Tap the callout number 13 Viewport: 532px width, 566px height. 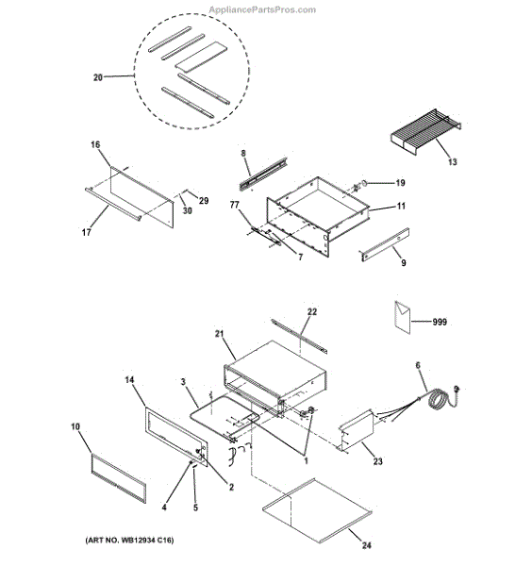click(x=452, y=162)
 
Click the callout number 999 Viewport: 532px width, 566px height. click(x=440, y=322)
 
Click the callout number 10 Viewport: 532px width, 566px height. click(x=76, y=426)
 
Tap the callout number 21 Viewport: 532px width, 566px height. click(x=218, y=334)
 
